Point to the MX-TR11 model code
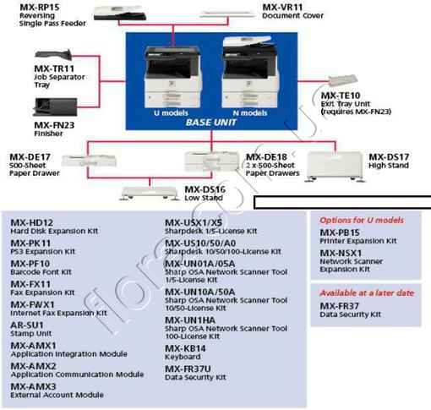tap(30, 68)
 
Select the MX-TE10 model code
tap(341, 95)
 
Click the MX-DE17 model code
tap(30, 156)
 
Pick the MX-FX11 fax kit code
tap(30, 283)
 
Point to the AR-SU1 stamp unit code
tap(27, 324)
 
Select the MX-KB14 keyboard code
tap(186, 347)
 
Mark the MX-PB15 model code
tap(340, 232)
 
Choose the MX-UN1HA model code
tap(189, 320)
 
